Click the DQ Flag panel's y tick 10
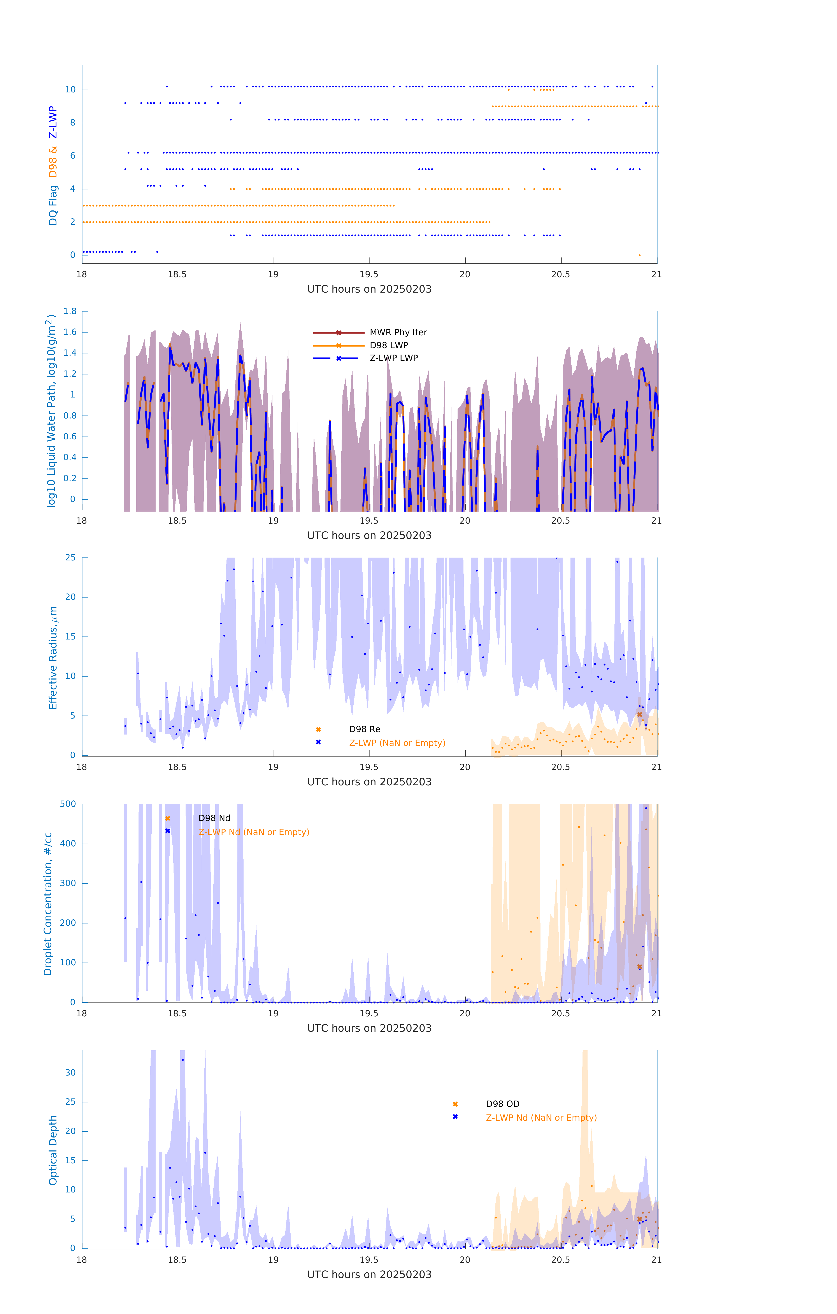tap(70, 90)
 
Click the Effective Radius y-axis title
tap(53, 657)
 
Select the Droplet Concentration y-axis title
tap(48, 904)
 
